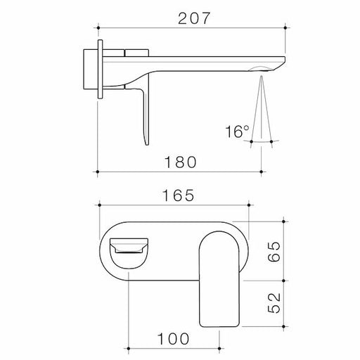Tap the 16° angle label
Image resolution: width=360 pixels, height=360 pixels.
pyautogui.click(x=238, y=131)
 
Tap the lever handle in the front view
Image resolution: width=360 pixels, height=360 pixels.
pyautogui.click(x=221, y=281)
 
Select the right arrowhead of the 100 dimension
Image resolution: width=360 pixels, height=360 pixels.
pyautogui.click(x=219, y=347)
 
